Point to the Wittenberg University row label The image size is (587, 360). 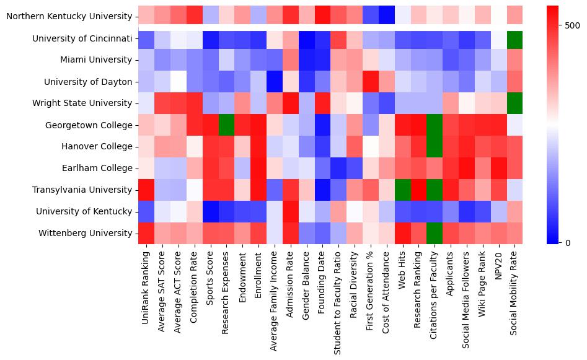(86, 234)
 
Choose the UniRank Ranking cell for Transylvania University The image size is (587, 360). (146, 190)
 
